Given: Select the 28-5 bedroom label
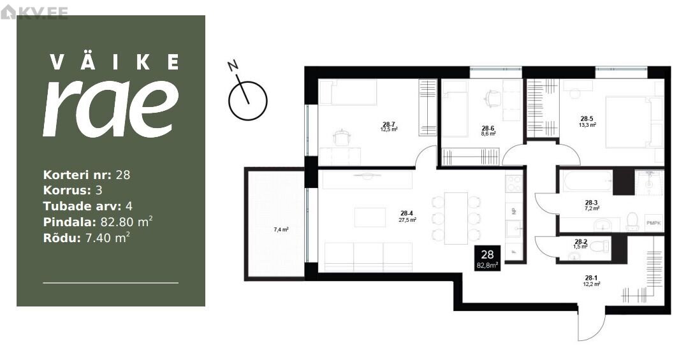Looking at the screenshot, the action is [x=587, y=118].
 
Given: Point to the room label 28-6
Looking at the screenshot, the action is [x=488, y=128].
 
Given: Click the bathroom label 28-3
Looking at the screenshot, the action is [x=591, y=203].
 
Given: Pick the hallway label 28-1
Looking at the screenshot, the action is [x=591, y=278].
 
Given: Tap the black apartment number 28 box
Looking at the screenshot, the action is [x=487, y=259].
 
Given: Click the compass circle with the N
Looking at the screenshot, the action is [x=248, y=101].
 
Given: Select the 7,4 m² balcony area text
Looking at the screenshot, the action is [x=281, y=229].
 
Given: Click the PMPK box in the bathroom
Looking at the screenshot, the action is [x=654, y=223].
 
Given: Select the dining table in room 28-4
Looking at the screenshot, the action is [x=456, y=219].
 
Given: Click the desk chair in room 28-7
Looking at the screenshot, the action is [x=342, y=138].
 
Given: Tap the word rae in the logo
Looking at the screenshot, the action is [x=111, y=108].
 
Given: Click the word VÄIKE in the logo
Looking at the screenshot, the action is [x=114, y=62].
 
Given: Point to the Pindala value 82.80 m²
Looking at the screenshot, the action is [x=126, y=222].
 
